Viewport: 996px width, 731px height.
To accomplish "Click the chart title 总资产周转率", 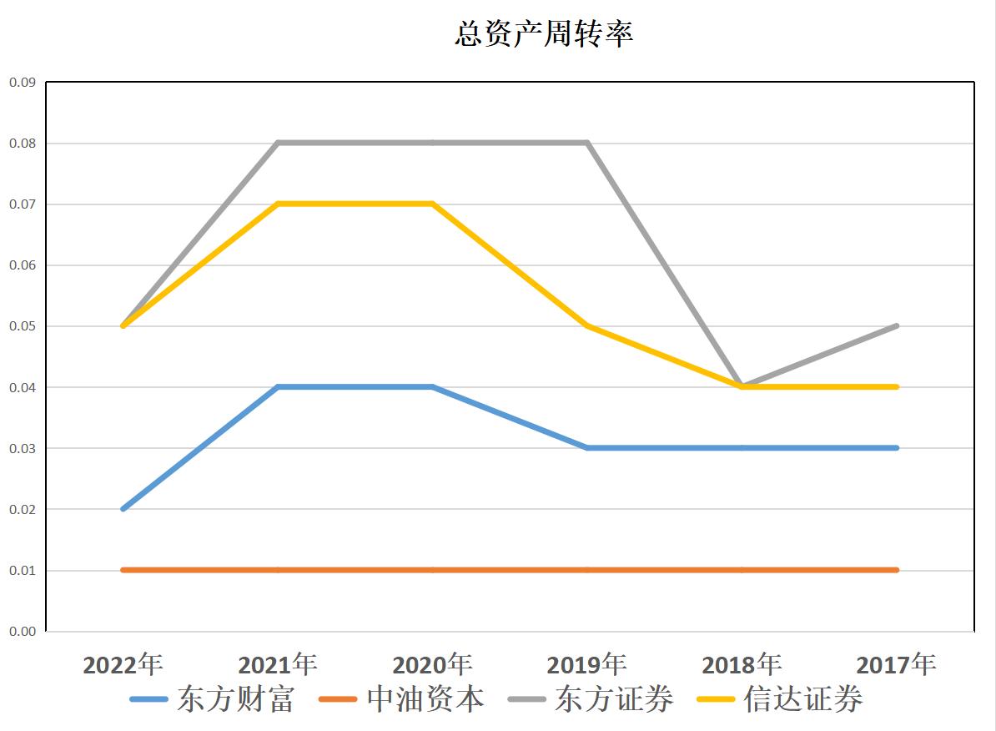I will pyautogui.click(x=544, y=33).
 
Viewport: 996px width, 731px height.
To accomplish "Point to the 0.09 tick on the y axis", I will pyautogui.click(x=23, y=83).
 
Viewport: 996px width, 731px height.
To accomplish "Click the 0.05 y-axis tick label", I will pyautogui.click(x=23, y=326).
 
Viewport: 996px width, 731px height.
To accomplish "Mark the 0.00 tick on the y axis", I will pyautogui.click(x=23, y=632).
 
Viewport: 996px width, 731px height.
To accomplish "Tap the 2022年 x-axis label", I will pyautogui.click(x=123, y=665).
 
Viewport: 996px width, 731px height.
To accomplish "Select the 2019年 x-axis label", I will pyautogui.click(x=587, y=665).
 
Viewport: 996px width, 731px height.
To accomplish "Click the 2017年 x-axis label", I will pyautogui.click(x=897, y=665).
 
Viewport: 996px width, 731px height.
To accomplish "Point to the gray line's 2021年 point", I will pyautogui.click(x=278, y=143).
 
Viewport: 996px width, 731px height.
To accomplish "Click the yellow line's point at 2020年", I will pyautogui.click(x=433, y=204).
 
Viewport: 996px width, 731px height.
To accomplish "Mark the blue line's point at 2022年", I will pyautogui.click(x=123, y=509).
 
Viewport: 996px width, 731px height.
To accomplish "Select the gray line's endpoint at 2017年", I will pyautogui.click(x=897, y=325).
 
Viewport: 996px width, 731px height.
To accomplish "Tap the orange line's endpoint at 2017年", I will pyautogui.click(x=897, y=570).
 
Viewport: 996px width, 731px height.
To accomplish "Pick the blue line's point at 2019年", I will pyautogui.click(x=587, y=448).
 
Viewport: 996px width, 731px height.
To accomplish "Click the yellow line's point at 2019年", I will pyautogui.click(x=587, y=325).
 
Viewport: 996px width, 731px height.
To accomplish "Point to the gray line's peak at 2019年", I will pyautogui.click(x=587, y=143).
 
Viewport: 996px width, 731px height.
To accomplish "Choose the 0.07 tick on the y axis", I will pyautogui.click(x=23, y=204).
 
